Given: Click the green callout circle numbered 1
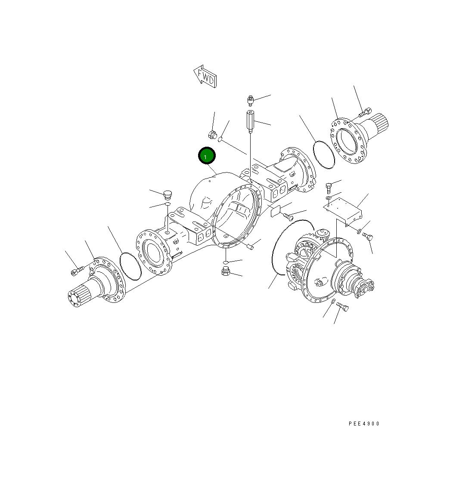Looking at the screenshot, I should pos(206,156).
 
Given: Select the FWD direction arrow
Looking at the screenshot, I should pos(205,76).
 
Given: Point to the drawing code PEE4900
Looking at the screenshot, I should pos(364,424).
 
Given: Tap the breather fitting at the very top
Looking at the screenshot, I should pos(250,101).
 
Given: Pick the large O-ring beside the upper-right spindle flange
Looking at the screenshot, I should pos(324,154).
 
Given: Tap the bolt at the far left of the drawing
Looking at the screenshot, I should pos(76,271).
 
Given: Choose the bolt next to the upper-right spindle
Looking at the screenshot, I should pos(364,112).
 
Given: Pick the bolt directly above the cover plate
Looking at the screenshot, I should pos(329,187).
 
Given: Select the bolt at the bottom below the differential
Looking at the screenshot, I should pos(342,307).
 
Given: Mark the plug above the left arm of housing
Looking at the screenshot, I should pos(168,194).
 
